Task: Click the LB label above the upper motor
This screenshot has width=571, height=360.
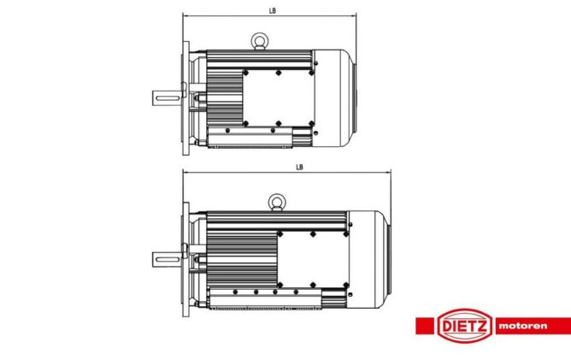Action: point(273,10)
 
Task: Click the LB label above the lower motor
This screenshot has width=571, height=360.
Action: point(299,168)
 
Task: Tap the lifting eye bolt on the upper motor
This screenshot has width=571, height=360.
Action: point(260,41)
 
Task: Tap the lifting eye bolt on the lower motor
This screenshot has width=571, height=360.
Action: point(277,202)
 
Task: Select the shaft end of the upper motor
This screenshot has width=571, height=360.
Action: point(168,98)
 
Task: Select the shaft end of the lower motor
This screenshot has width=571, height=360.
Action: point(167,260)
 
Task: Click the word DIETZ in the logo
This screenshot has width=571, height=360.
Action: point(465,326)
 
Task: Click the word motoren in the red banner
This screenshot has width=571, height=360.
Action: point(523,326)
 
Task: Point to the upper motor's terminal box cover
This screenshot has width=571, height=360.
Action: point(278,98)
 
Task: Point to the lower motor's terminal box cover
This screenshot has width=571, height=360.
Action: point(313,259)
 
